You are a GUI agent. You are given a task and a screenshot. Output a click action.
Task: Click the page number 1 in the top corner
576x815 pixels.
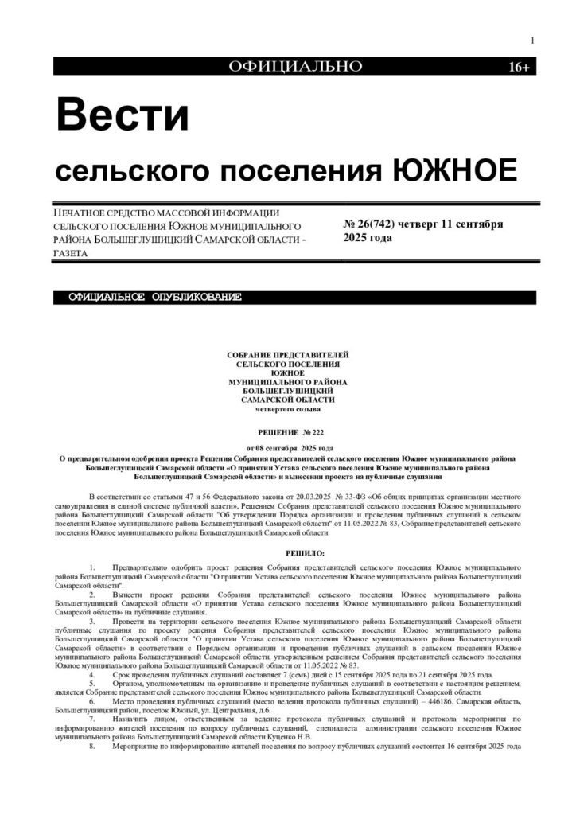tap(531, 41)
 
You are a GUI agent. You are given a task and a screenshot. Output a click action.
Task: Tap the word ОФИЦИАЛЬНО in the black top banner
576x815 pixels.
tap(295, 67)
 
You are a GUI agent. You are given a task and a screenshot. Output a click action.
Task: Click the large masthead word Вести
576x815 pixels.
tap(122, 115)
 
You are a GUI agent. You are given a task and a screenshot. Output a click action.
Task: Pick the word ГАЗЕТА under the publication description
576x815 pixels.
tap(71, 253)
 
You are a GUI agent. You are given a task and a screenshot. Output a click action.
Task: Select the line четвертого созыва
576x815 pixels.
tap(288, 409)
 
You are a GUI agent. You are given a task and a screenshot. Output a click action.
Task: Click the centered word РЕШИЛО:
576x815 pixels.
tap(288, 552)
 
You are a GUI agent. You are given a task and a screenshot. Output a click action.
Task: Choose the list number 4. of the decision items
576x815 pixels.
tap(93, 674)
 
